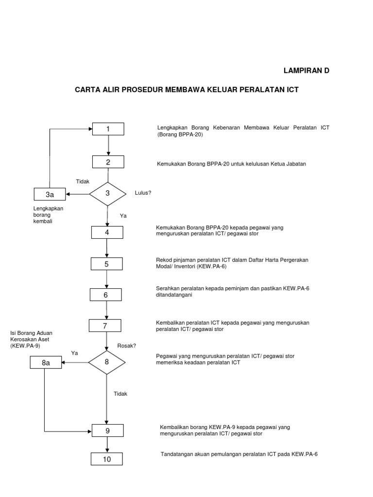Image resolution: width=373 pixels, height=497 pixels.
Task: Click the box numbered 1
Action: coord(108,129)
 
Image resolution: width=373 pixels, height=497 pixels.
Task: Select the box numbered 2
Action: coord(108,162)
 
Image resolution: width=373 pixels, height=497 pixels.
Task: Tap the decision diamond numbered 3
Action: coord(107,194)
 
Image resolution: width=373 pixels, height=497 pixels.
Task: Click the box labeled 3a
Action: coord(49,195)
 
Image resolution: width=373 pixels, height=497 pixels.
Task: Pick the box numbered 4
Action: coord(107,232)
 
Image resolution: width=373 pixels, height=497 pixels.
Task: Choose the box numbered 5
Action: coord(106,264)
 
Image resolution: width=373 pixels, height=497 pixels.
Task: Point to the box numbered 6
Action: coord(105,295)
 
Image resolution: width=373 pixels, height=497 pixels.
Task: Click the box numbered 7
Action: coord(105,326)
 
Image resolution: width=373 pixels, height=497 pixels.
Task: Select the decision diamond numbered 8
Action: coord(106,362)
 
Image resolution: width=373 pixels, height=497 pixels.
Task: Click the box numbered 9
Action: coord(107,430)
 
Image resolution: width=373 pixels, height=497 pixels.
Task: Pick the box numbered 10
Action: coord(106,459)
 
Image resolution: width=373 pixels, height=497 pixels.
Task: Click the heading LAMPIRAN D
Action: coord(306,71)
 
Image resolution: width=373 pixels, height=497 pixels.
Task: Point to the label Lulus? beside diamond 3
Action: coord(143,193)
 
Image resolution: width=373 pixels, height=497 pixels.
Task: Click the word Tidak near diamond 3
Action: coord(83,181)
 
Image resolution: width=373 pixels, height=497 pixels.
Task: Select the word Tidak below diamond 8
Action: coord(120,394)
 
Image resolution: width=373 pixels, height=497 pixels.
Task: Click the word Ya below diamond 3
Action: coord(123,215)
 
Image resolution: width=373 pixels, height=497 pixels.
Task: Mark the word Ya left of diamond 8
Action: coord(75,353)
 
